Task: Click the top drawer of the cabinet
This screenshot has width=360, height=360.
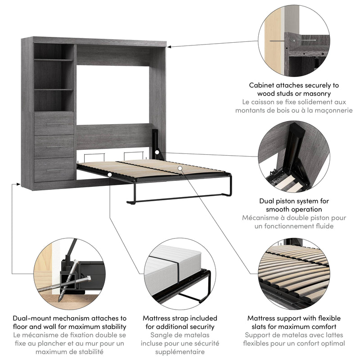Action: click(x=54, y=124)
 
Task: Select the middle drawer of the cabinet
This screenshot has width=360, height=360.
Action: click(x=54, y=147)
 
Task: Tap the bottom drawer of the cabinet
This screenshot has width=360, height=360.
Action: click(x=54, y=170)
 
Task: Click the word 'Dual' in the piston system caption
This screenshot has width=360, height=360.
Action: click(x=268, y=201)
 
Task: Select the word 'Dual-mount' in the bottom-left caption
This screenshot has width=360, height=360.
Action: click(x=32, y=318)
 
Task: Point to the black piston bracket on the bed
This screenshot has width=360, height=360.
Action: click(x=157, y=143)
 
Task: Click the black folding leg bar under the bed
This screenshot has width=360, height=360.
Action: click(x=180, y=198)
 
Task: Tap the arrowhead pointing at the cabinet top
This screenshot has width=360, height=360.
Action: click(x=170, y=46)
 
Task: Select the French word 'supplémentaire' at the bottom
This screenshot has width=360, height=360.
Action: click(x=180, y=352)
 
